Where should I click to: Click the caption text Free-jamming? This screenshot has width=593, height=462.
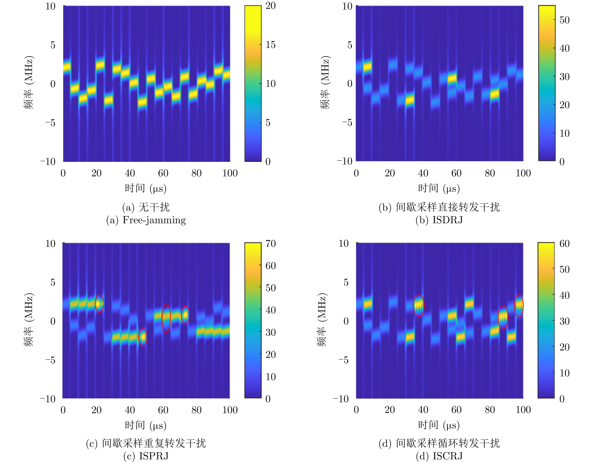(x=154, y=220)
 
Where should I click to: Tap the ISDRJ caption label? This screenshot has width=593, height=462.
(x=447, y=220)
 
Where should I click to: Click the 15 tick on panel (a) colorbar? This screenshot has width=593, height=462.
(x=270, y=45)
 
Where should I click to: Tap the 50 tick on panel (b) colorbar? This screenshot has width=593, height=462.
(x=564, y=20)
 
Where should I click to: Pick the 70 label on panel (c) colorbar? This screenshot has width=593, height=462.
(x=270, y=243)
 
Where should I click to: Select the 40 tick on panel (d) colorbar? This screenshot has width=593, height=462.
(x=564, y=295)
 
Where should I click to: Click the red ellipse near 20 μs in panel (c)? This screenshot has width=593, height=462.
(x=99, y=304)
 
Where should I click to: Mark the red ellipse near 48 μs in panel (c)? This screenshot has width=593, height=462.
(x=143, y=337)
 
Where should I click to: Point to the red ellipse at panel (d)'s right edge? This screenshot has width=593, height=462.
(x=519, y=306)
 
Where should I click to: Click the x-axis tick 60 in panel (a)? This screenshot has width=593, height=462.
(x=163, y=173)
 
